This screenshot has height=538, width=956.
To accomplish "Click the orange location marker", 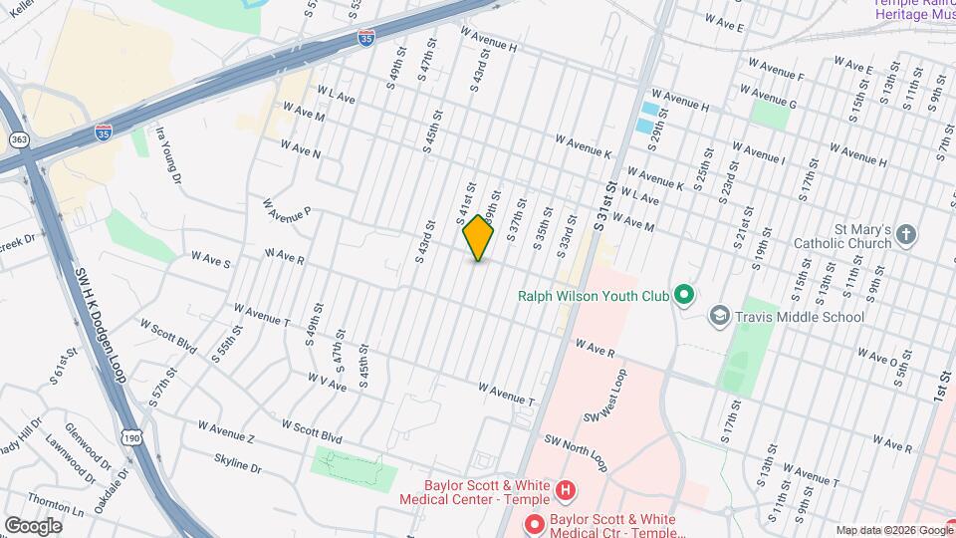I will [x=479, y=237].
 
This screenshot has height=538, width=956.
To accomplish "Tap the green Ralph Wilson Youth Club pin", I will [x=683, y=295].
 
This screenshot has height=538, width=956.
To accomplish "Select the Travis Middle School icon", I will [x=718, y=317].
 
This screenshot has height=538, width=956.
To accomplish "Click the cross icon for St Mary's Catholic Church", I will [x=905, y=235].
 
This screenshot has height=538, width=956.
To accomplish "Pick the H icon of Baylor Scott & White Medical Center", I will [x=566, y=490].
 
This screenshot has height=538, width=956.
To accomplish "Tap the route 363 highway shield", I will [x=20, y=139].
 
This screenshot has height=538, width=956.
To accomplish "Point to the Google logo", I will [x=33, y=525].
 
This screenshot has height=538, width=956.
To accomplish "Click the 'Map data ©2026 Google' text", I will [x=894, y=530].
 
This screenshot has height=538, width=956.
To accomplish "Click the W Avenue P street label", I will [x=288, y=210].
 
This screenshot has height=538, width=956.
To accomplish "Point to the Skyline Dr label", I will [x=237, y=463].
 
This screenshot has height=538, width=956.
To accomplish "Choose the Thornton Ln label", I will [x=56, y=503].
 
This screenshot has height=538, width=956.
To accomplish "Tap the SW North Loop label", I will [x=575, y=452].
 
